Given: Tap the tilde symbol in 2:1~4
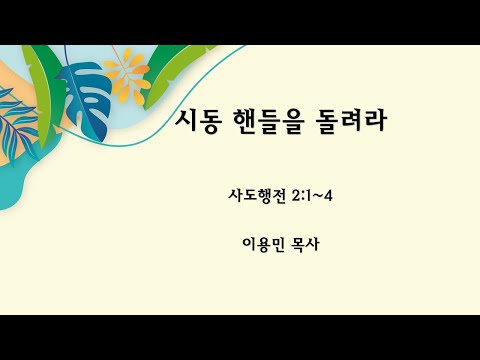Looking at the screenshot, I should tap(315, 194).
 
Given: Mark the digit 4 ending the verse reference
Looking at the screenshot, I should tap(327, 194).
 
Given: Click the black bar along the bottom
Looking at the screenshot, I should tap(240, 337).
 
